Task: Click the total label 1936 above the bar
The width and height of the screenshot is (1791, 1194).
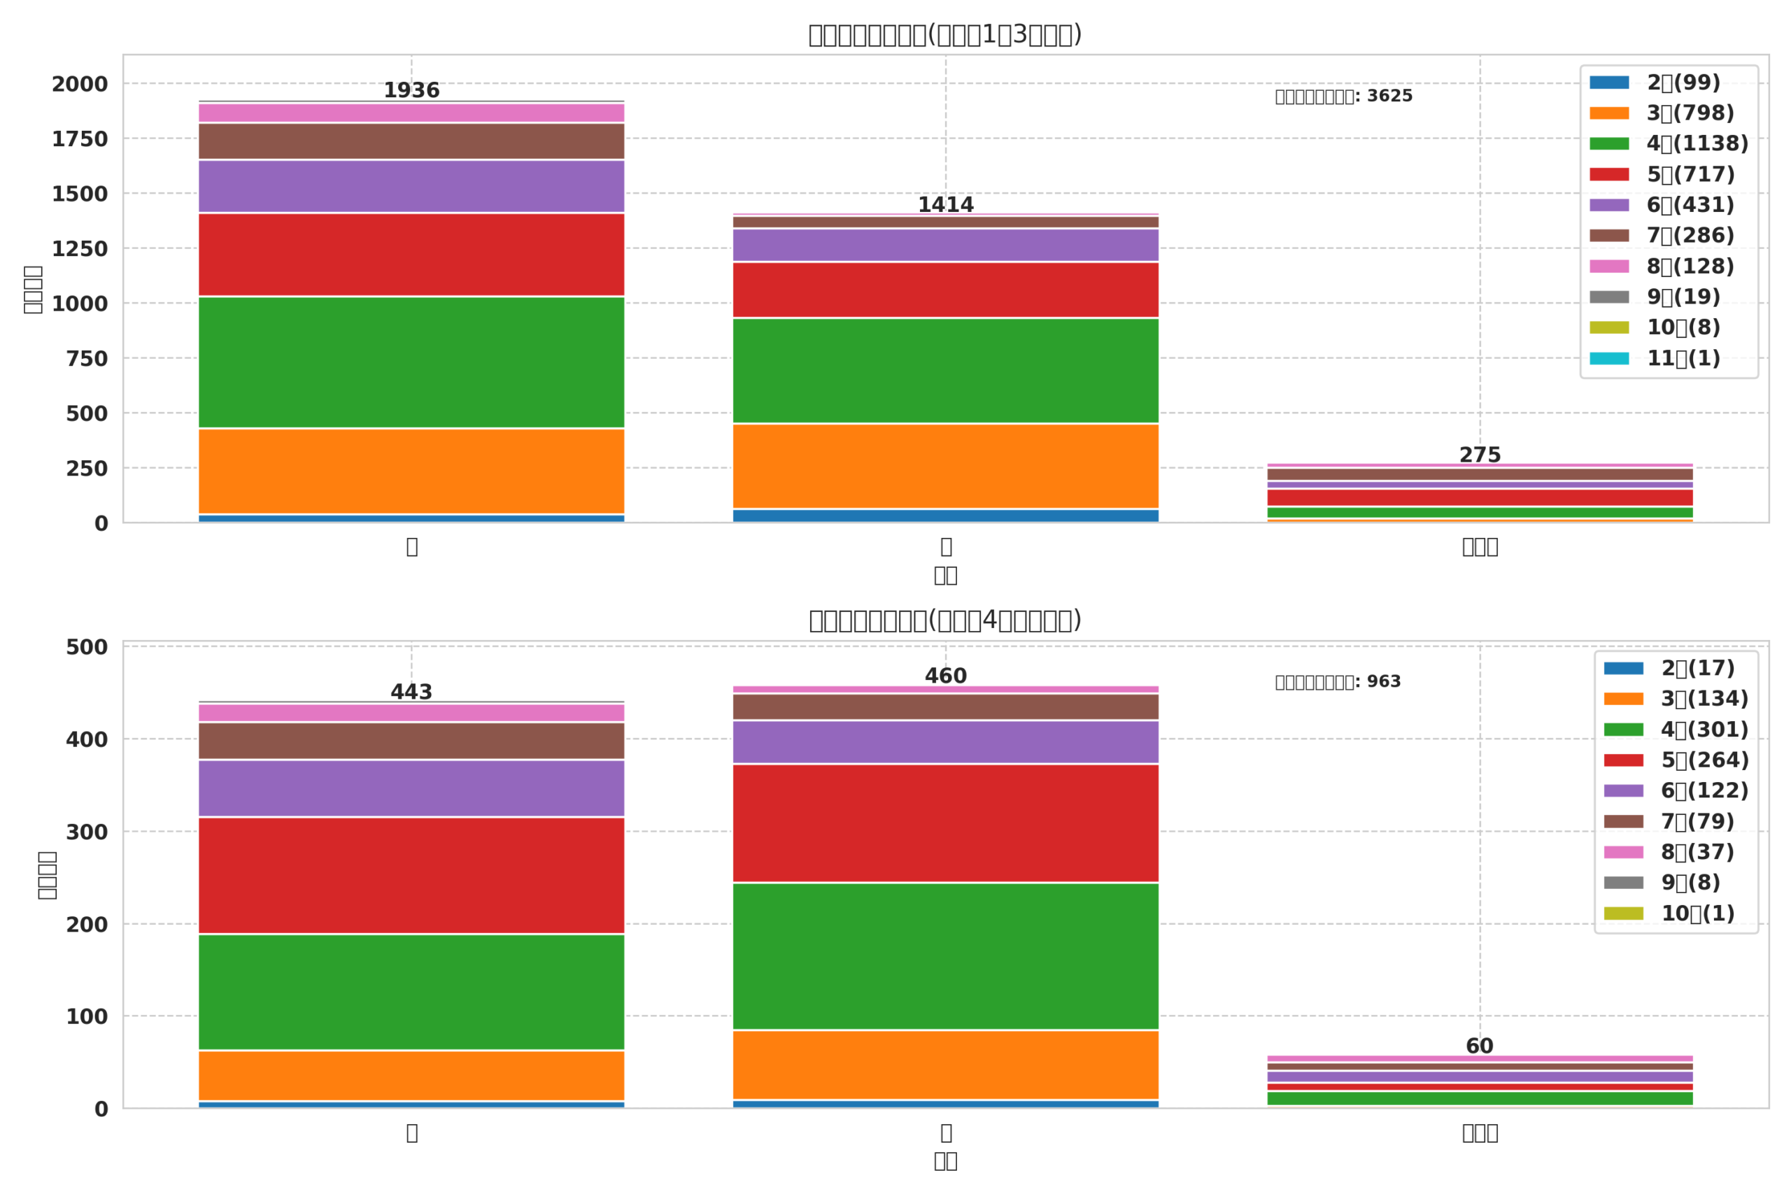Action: (411, 91)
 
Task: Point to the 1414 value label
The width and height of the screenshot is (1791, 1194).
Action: (945, 205)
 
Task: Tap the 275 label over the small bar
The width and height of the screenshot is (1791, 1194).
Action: (1480, 455)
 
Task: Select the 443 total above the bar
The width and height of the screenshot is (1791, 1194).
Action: (411, 692)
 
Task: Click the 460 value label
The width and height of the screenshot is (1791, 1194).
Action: (945, 676)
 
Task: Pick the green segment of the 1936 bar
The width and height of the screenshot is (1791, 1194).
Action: (411, 362)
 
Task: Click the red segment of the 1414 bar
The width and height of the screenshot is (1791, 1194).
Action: (945, 290)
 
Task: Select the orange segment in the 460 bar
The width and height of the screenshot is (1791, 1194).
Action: (945, 1065)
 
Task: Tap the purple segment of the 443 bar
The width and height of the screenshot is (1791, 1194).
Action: (411, 788)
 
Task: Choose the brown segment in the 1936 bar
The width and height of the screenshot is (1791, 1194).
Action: (411, 141)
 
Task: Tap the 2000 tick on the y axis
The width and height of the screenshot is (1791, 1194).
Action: (80, 85)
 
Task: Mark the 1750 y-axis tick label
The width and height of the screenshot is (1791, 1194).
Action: (80, 139)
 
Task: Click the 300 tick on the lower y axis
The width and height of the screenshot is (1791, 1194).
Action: (87, 832)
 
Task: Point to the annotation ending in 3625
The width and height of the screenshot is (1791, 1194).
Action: (1343, 97)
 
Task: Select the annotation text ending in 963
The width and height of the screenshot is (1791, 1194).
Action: (1337, 682)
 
